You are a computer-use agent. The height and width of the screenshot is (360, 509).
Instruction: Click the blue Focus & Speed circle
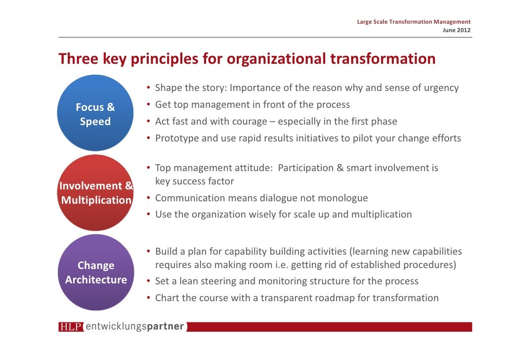coord(95,113)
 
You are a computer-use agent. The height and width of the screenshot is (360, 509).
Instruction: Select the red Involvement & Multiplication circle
coord(95,192)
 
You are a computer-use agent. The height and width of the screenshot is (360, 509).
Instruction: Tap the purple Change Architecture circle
coord(95,272)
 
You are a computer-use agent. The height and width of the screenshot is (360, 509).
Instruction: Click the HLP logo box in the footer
coord(71,327)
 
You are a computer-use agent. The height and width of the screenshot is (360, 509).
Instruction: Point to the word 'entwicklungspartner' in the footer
coord(135,327)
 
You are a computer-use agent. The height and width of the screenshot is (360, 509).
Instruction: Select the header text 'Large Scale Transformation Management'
coord(413,22)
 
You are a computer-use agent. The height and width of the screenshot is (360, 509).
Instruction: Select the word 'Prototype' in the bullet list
coord(176,138)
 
